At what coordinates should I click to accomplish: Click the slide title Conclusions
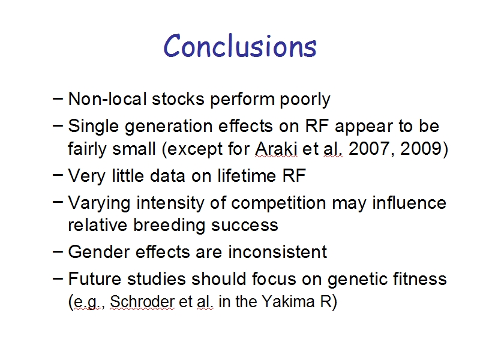(x=240, y=46)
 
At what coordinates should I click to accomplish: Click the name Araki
(x=276, y=148)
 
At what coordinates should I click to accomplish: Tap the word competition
(x=278, y=203)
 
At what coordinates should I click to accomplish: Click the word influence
(x=409, y=203)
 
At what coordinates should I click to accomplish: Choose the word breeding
(x=169, y=226)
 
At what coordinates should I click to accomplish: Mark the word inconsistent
(x=278, y=252)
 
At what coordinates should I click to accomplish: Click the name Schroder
(x=142, y=302)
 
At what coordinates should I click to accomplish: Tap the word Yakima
(x=288, y=302)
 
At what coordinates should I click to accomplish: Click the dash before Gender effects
(x=58, y=252)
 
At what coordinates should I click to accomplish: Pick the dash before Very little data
(x=58, y=175)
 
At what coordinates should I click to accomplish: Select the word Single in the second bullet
(x=93, y=127)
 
